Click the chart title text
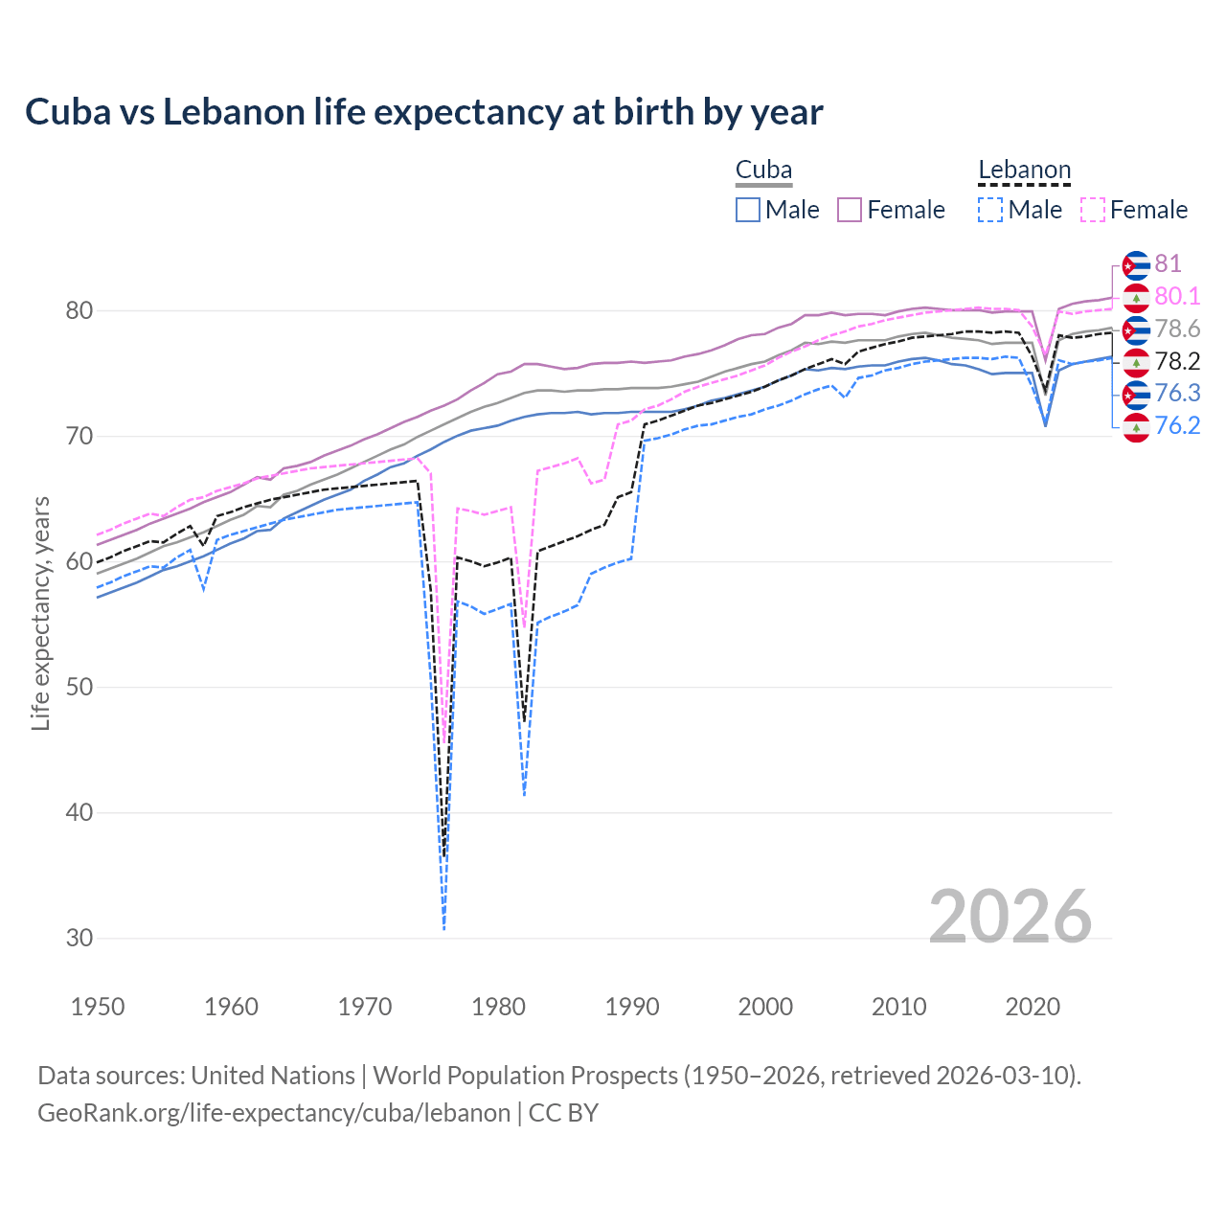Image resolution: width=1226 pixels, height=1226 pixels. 423,112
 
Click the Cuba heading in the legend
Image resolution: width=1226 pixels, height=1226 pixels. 763,170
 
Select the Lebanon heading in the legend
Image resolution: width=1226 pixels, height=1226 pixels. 1024,170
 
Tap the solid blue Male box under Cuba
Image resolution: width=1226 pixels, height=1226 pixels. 748,210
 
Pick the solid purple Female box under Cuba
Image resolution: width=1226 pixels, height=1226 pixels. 850,210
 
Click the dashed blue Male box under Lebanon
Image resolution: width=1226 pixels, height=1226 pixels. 990,210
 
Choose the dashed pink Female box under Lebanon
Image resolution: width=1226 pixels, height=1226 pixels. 1093,210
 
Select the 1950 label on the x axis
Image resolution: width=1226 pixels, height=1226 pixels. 98,1007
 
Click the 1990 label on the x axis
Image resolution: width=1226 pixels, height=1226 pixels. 632,1007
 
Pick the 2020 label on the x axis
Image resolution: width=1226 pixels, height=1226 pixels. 1033,1007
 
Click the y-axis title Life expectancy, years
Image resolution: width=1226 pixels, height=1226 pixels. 41,613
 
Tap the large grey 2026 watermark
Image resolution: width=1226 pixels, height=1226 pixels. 1010,917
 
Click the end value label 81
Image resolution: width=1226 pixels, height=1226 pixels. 1168,264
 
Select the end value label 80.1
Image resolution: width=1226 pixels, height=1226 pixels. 1177,297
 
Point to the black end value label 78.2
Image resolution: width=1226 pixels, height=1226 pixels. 1177,361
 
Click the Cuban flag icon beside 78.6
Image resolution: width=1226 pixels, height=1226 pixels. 1136,329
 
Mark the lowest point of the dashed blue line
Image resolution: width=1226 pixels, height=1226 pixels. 444,929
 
